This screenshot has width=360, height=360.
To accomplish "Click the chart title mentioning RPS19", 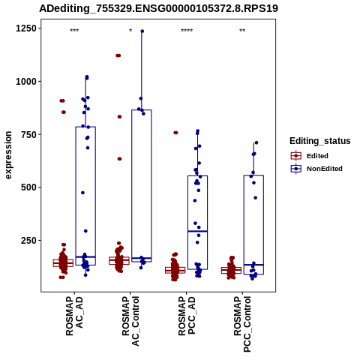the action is pyautogui.click(x=159, y=9).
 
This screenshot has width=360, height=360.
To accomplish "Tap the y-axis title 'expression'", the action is pyautogui.click(x=8, y=155).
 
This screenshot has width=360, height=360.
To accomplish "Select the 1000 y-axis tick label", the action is pyautogui.click(x=26, y=82).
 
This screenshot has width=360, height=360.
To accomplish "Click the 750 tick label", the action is pyautogui.click(x=29, y=134).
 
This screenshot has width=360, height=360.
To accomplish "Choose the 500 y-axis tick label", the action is pyautogui.click(x=29, y=187).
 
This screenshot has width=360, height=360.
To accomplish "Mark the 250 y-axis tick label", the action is pyautogui.click(x=29, y=240).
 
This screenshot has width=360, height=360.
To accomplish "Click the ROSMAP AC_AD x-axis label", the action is pyautogui.click(x=74, y=316).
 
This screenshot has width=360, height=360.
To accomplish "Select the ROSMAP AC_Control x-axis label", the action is pyautogui.click(x=130, y=321).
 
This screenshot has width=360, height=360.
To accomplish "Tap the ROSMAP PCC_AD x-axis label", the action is pyautogui.click(x=187, y=316).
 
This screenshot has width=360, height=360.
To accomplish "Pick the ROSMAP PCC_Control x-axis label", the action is pyautogui.click(x=242, y=324).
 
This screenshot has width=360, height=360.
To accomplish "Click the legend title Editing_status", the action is pyautogui.click(x=320, y=141).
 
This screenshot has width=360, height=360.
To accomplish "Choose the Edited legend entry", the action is pyautogui.click(x=310, y=156).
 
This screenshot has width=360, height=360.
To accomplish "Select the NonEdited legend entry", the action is pyautogui.click(x=316, y=169).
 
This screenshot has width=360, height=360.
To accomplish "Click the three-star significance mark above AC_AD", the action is pyautogui.click(x=74, y=31).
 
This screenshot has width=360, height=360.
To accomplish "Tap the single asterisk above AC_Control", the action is pyautogui.click(x=130, y=31).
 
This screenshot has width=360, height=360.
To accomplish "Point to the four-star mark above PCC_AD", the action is pyautogui.click(x=187, y=31).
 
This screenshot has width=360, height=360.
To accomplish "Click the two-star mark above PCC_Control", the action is pyautogui.click(x=242, y=31).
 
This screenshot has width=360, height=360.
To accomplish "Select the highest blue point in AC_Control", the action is pyautogui.click(x=142, y=31).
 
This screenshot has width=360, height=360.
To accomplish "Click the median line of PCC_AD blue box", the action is pyautogui.click(x=197, y=231).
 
